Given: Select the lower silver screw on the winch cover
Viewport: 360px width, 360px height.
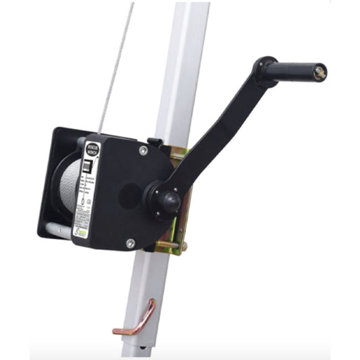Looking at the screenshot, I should click(x=130, y=242).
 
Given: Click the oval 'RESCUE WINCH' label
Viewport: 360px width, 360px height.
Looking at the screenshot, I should click(x=92, y=149).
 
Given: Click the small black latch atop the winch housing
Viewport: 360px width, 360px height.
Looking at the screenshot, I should click(x=154, y=143).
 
